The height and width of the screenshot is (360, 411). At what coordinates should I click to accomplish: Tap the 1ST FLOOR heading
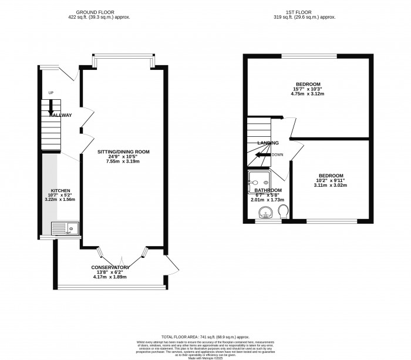coord(308,12)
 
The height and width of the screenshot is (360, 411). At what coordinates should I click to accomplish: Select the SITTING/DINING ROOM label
coord(124,152)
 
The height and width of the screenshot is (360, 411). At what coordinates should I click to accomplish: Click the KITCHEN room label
coord(60,190)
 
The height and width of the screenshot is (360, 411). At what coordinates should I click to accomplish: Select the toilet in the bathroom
coord(283,211)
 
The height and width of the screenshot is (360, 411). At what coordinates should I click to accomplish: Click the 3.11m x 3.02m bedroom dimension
coord(332,186)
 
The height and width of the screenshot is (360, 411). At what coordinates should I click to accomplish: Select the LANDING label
coord(268,143)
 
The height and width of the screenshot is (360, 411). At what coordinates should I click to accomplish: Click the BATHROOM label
coord(268,190)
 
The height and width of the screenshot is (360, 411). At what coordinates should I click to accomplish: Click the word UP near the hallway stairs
coord(50,93)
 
